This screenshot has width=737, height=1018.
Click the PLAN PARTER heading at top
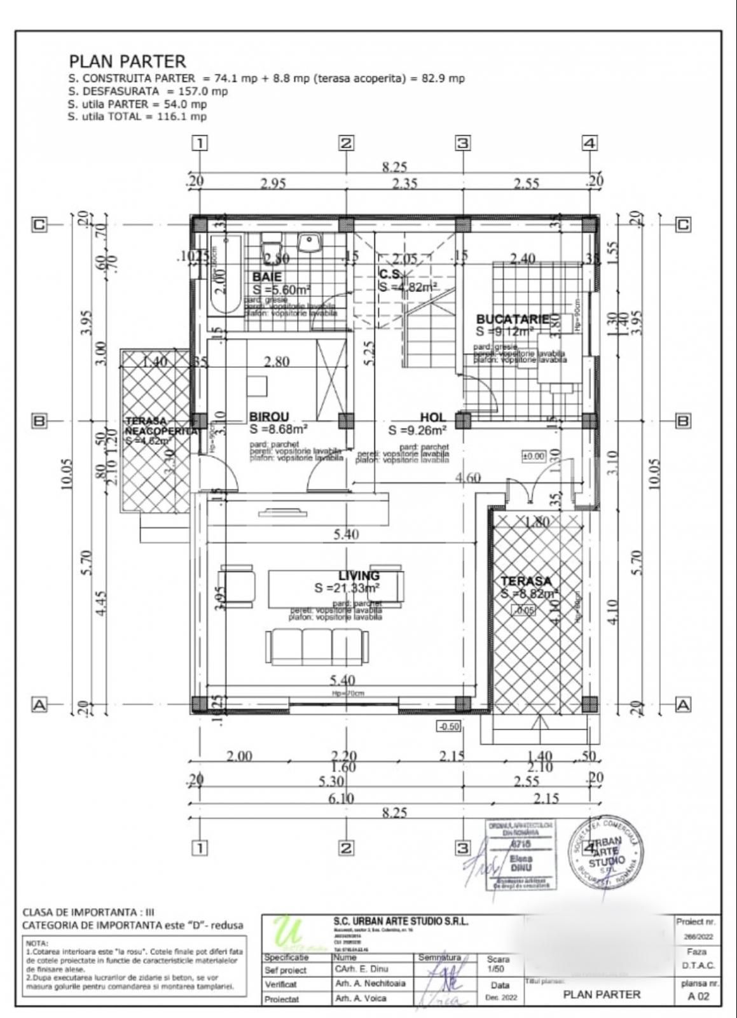(x=127, y=61)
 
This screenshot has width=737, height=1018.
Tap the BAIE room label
(x=267, y=277)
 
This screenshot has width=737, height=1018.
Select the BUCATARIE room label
(x=512, y=319)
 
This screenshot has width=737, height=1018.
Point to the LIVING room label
(x=359, y=576)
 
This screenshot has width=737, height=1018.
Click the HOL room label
(x=432, y=417)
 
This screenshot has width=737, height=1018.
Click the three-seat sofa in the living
(x=319, y=647)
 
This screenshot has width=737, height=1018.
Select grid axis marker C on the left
(x=39, y=225)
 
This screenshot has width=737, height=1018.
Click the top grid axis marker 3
(x=462, y=143)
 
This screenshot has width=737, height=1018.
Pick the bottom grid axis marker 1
(x=200, y=847)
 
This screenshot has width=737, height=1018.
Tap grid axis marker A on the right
(x=683, y=704)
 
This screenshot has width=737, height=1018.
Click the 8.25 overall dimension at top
(x=394, y=167)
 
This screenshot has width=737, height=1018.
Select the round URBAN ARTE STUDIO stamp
(x=606, y=853)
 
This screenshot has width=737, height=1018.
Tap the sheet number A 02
(x=698, y=996)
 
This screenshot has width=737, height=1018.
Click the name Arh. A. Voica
(x=360, y=998)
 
